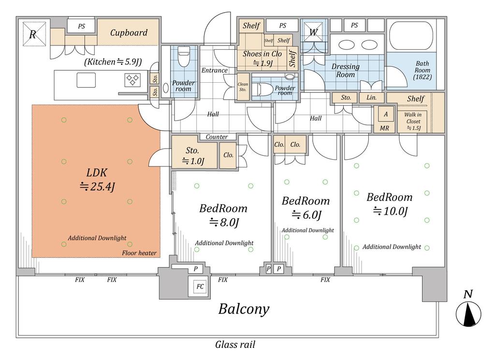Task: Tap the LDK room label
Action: pos(97,179)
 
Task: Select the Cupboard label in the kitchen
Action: pos(128,33)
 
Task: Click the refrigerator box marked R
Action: pos(33,34)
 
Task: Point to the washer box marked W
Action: pos(314,32)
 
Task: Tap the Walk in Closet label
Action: pos(413,121)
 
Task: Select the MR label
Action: pos(385,128)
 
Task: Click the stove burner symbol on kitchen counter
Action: pos(133,79)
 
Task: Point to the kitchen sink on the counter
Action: pos(86,80)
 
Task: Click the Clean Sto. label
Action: pos(243,87)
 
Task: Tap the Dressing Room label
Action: pos(345,71)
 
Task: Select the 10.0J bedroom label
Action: pos(389,203)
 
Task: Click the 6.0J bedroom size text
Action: pos(306,214)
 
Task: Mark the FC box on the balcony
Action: pos(199,286)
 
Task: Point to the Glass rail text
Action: pos(235,345)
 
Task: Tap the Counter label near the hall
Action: pos(217,137)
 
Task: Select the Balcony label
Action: pos(244,309)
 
